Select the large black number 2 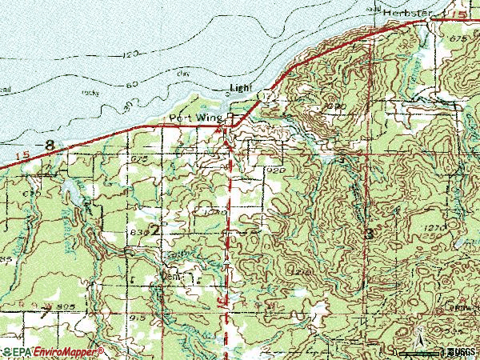tap(154, 230)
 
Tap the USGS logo tap(459, 352)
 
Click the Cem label tap(170, 276)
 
